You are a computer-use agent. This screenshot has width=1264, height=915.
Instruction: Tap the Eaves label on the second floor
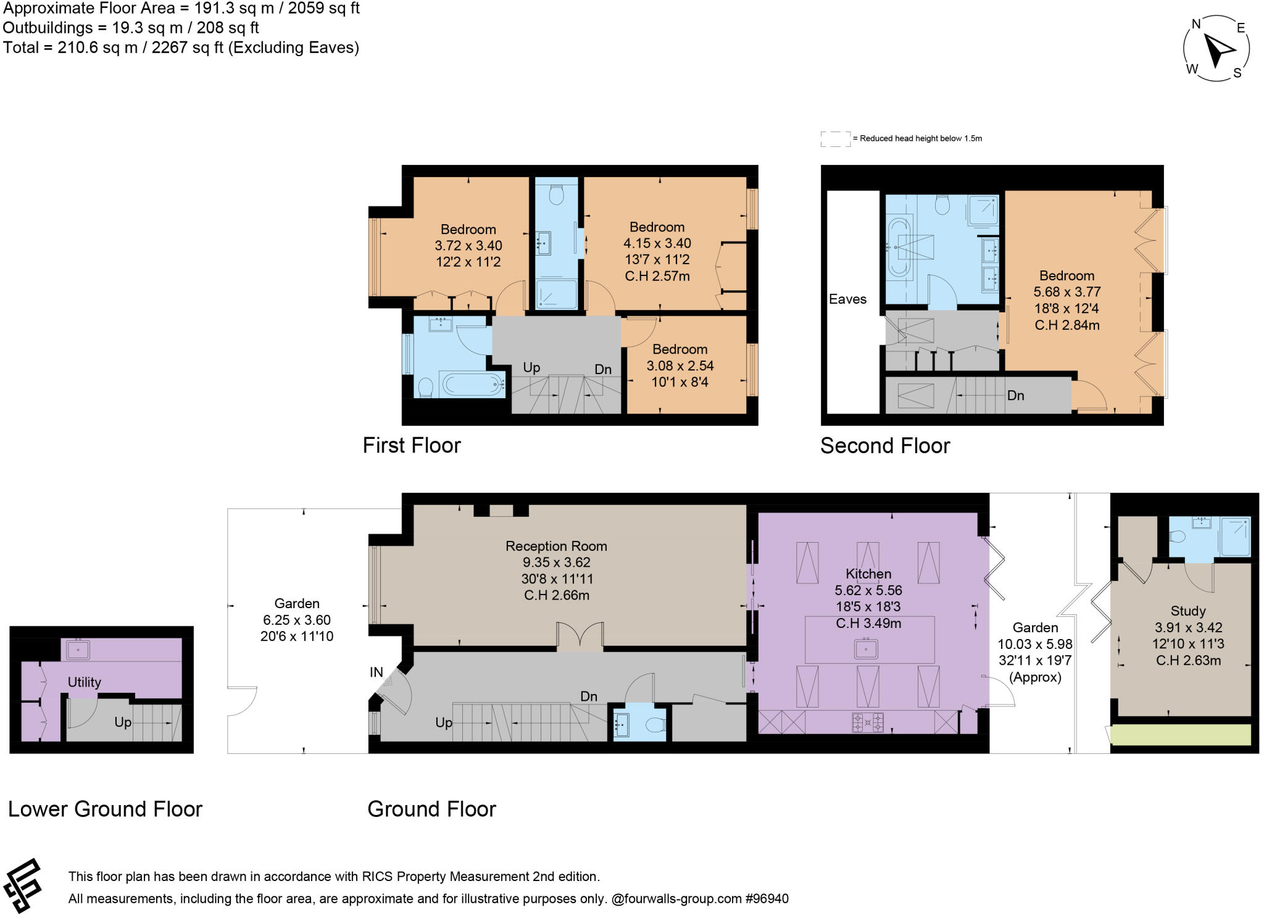[x=847, y=299]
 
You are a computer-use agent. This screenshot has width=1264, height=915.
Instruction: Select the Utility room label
[x=84, y=682]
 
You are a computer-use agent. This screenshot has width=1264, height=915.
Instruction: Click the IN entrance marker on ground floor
[x=376, y=672]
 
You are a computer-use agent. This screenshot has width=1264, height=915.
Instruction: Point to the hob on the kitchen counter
[x=867, y=722]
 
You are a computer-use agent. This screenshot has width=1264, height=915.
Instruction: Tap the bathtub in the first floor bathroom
[x=473, y=385]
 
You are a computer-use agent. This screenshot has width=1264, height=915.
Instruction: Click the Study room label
[x=1187, y=611]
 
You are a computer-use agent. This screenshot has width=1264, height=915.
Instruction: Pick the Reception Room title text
[x=556, y=546]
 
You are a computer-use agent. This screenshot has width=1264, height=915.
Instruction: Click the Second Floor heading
[x=884, y=446]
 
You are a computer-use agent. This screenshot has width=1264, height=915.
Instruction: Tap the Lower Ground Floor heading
[x=105, y=809]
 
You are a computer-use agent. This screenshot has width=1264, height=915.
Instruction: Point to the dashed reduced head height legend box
[x=834, y=139]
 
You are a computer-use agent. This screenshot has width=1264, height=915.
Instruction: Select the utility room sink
[x=78, y=650]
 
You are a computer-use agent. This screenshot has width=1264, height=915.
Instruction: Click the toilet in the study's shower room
[x=1177, y=536]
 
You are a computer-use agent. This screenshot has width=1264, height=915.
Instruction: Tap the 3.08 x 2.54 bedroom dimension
[x=680, y=366]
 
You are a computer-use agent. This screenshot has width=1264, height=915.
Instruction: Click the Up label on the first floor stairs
[x=531, y=368]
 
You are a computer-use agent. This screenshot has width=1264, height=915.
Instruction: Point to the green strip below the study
[x=1180, y=735]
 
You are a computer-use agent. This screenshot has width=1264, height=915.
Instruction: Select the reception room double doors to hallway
[x=580, y=637]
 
